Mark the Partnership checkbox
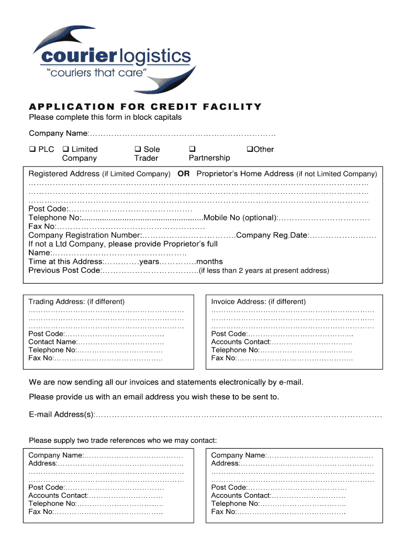pos(192,149)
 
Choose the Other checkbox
pos(250,149)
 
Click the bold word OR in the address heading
pos(183,174)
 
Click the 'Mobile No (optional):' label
pos(240,218)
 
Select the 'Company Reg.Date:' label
pos(272,236)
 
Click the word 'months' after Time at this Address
pos(209,262)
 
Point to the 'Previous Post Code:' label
pos(64,271)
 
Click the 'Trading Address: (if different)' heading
pos(76,301)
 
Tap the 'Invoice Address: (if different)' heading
pos(259,301)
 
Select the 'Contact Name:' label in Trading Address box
pos(53,342)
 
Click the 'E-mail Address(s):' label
pos(62,415)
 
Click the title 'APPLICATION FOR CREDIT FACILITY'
pos(145,107)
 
